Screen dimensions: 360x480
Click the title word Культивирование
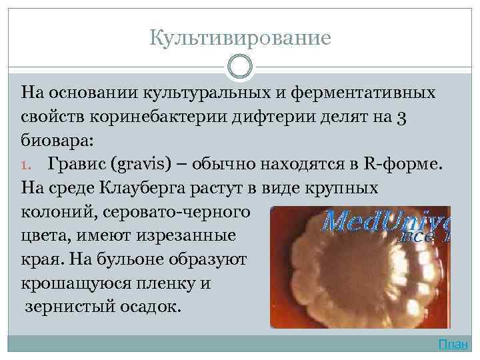[240, 38]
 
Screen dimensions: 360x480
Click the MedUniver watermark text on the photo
[387, 221]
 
